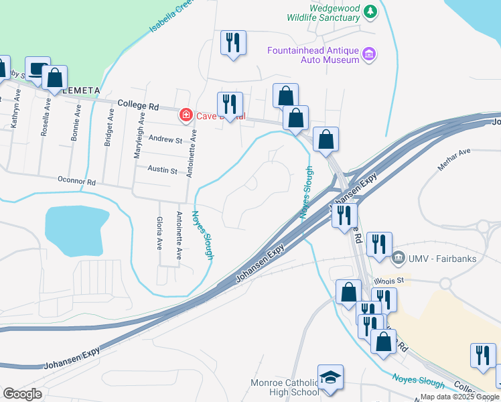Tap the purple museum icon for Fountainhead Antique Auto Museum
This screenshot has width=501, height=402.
coord(368,54)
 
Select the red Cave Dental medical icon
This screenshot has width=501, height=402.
coord(186,115)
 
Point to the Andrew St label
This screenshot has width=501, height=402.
coord(165,139)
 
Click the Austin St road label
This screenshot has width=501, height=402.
coord(162,171)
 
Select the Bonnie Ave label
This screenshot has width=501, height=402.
coord(76,123)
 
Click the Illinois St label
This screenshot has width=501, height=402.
coord(409,280)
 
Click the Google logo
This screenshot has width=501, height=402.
coord(22,394)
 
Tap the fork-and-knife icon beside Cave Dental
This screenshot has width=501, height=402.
coord(230,105)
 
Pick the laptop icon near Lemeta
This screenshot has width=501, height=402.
coord(38,68)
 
